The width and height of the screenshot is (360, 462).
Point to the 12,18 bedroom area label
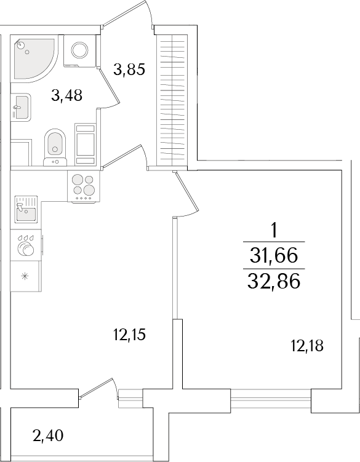306,346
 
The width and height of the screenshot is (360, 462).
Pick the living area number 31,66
274,254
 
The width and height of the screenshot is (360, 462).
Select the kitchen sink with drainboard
25,209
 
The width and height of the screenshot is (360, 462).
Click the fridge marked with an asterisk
25,275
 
